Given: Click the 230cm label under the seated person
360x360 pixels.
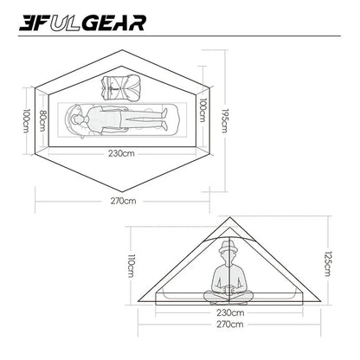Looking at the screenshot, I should (x=229, y=313).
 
